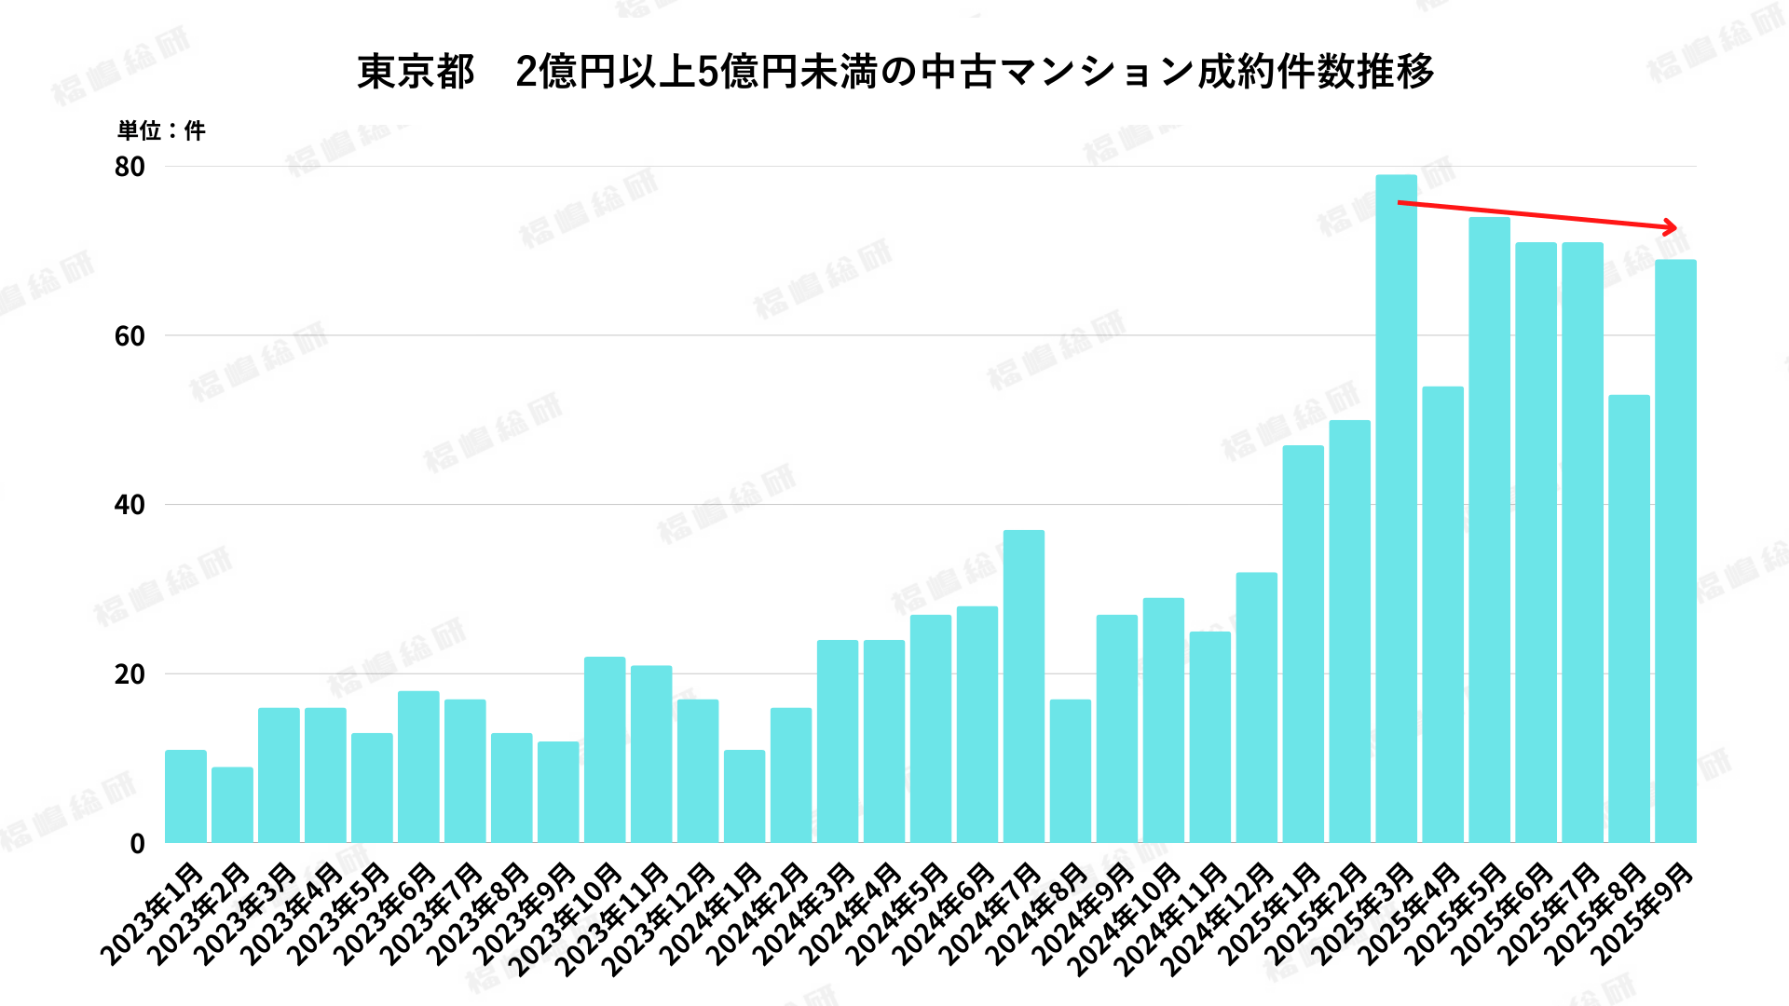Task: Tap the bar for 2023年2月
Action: click(232, 805)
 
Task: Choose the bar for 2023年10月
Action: click(605, 750)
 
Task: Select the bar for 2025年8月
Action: click(1629, 619)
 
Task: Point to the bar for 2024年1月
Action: click(744, 796)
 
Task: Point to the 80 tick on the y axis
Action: click(130, 167)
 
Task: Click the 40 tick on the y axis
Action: click(130, 505)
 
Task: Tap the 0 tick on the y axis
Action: click(138, 844)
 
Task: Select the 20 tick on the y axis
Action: click(130, 674)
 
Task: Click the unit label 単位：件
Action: click(161, 130)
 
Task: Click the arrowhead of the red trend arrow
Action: click(1671, 226)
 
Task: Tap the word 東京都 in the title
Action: click(416, 72)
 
